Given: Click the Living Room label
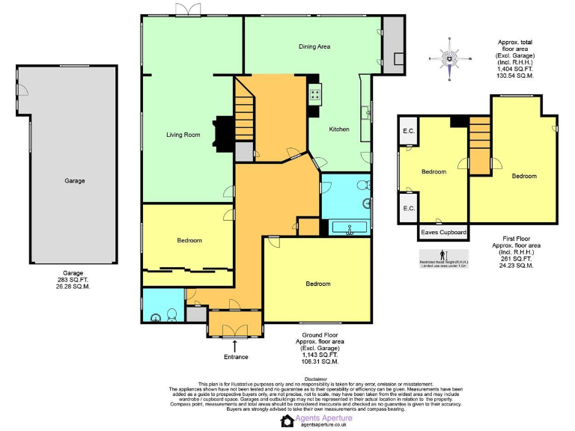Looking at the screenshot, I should pos(183,135).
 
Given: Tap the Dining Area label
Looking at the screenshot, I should pos(314,47).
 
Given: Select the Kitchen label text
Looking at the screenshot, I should pos(339,129).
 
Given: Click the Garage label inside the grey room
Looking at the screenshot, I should pos(74,181).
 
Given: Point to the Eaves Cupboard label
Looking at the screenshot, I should pos(443,233).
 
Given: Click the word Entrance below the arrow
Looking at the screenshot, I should pos(236,356).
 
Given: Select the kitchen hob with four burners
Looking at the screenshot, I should pos(315,95).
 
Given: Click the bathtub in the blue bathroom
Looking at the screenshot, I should pos(348,227).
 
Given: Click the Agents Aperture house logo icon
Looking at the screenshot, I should pos(287,421).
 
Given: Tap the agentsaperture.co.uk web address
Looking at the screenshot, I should pos(324,426).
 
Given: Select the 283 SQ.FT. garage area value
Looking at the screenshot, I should pos(73,280).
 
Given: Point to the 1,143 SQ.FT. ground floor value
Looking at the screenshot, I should pos(316,355).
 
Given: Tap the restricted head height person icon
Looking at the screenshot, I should pos(445,256).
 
